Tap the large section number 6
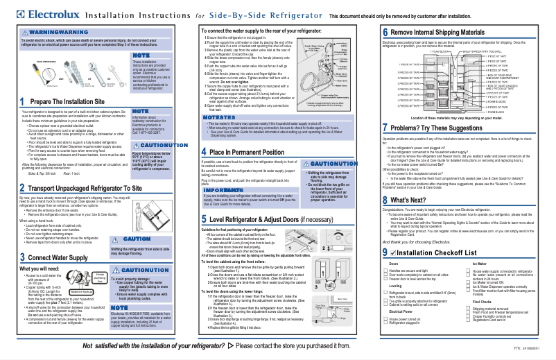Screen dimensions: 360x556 tap(385, 32)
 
